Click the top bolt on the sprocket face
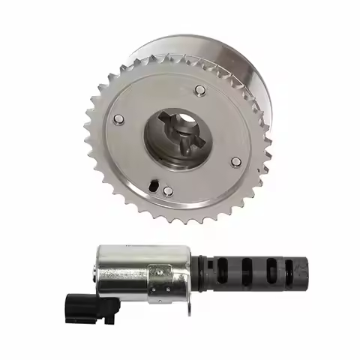(200, 91)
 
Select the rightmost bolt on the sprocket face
(236, 162)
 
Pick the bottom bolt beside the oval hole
(168, 191)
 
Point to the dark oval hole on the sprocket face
(152, 184)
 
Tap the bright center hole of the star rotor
(185, 138)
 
